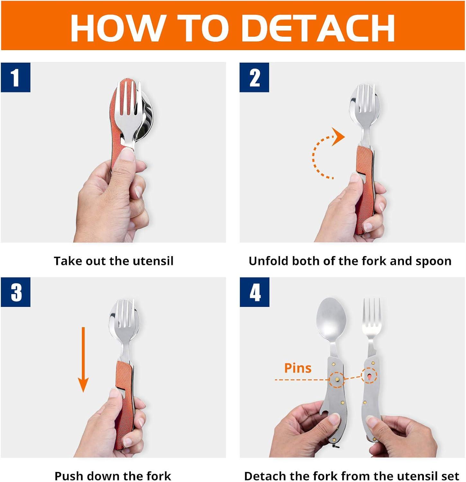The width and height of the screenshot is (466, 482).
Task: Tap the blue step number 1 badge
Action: coord(15,77)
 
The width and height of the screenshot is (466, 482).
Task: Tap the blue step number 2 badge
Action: coord(254,77)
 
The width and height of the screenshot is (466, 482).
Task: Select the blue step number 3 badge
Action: coord(15,292)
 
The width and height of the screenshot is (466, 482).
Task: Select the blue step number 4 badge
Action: coord(255,292)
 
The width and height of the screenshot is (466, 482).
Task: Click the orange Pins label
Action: coord(298,368)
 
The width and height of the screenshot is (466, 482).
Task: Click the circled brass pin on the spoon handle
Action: coord(336,379)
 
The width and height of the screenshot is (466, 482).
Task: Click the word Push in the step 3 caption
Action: coord(68,476)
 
